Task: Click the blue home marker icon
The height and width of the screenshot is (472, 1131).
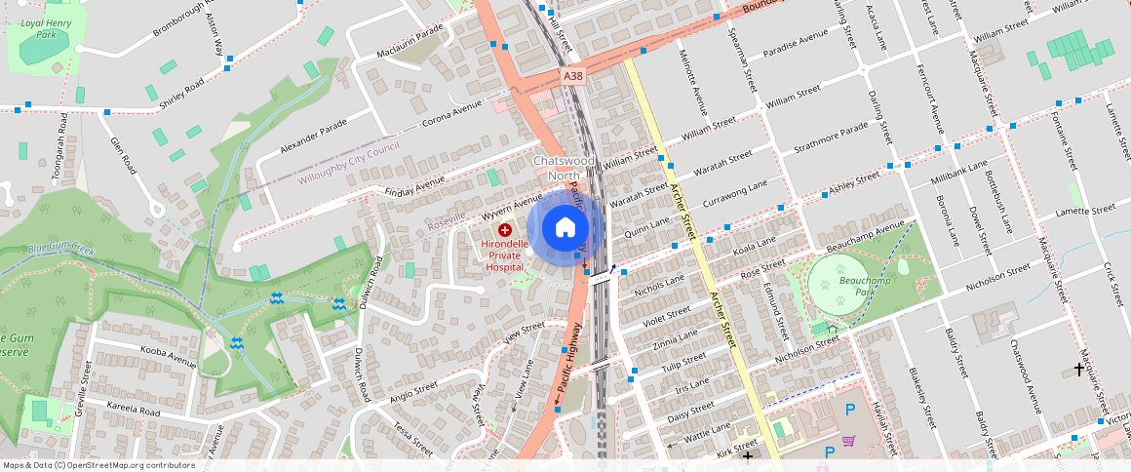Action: (x=565, y=228)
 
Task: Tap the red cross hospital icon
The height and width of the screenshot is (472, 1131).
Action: (x=505, y=229)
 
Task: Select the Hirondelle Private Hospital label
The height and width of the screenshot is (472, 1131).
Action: (x=505, y=256)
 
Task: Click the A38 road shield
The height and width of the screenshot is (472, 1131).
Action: (x=572, y=75)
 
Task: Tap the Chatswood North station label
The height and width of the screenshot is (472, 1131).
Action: (x=564, y=167)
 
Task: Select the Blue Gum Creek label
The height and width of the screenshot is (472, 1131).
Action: (x=60, y=250)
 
